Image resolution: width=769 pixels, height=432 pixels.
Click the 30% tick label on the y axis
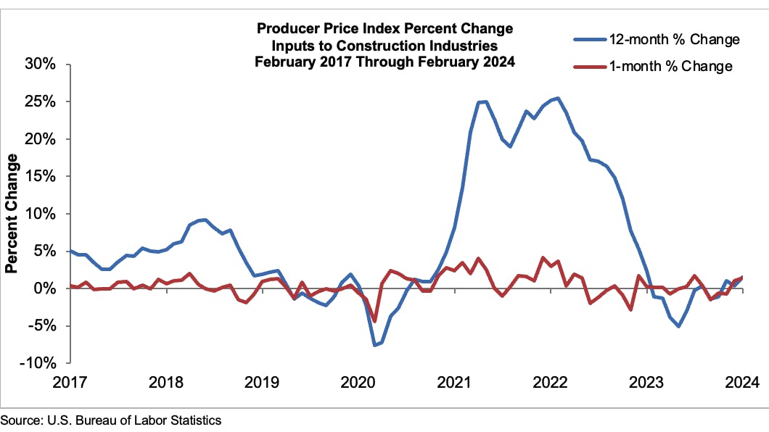point(41,65)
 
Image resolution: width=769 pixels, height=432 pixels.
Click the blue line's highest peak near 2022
point(556,99)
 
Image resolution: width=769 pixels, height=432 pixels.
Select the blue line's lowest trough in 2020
point(375,345)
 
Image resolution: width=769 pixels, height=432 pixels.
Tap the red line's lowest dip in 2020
point(375,321)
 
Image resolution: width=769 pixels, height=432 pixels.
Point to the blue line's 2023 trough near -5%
point(678,326)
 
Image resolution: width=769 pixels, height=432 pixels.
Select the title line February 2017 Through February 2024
point(384,62)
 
